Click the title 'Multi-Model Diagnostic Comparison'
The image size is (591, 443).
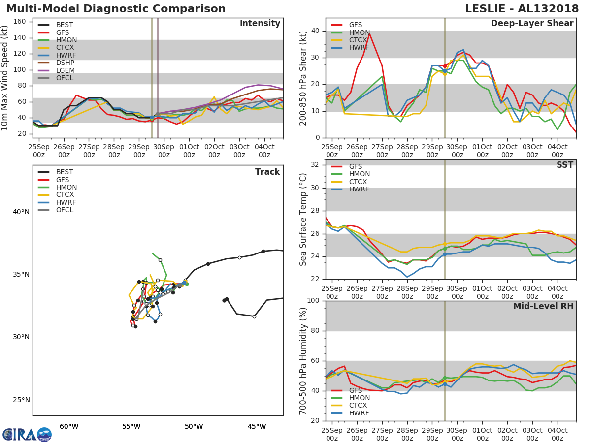[116, 9]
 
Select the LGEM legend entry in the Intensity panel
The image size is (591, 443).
[65, 70]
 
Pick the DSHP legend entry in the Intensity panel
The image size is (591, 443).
[65, 63]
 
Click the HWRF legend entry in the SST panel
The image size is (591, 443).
[359, 190]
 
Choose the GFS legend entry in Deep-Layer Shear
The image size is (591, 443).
[355, 25]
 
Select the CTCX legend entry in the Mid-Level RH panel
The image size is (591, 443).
[359, 406]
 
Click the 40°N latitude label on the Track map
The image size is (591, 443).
[21, 212]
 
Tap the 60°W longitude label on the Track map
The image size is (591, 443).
[69, 426]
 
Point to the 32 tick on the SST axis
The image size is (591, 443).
[315, 165]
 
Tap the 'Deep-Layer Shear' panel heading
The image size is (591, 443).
[532, 24]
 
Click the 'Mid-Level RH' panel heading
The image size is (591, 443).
[543, 307]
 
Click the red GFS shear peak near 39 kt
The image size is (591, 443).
[369, 33]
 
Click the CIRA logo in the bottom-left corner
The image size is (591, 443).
[27, 434]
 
